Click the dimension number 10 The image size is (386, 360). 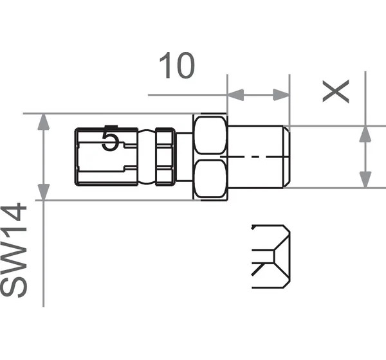coord(177,66)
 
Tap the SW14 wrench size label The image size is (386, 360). coord(14,250)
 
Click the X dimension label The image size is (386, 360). coord(336,91)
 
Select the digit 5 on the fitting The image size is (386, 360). coord(111,141)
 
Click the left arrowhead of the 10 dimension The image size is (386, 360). coord(235,94)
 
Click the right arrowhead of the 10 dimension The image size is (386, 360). coord(281,94)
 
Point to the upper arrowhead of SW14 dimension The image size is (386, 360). coord(44,122)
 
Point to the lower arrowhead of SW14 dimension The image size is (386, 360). coord(44,192)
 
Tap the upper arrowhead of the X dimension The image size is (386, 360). coord(365,134)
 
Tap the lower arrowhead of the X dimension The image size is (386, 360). coord(365,180)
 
